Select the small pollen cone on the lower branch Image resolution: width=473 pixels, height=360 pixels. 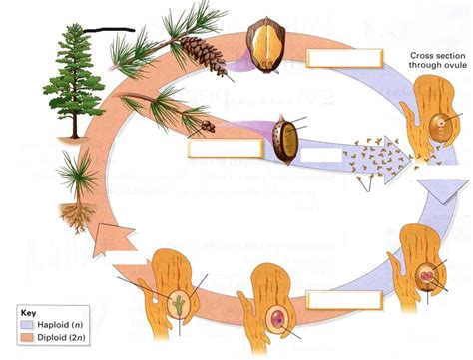pos(207,126)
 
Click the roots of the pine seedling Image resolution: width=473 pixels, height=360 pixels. pos(74,213)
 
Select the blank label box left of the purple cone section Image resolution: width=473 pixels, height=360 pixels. pos(215,149)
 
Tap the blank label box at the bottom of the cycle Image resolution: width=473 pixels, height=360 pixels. pos(343,300)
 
